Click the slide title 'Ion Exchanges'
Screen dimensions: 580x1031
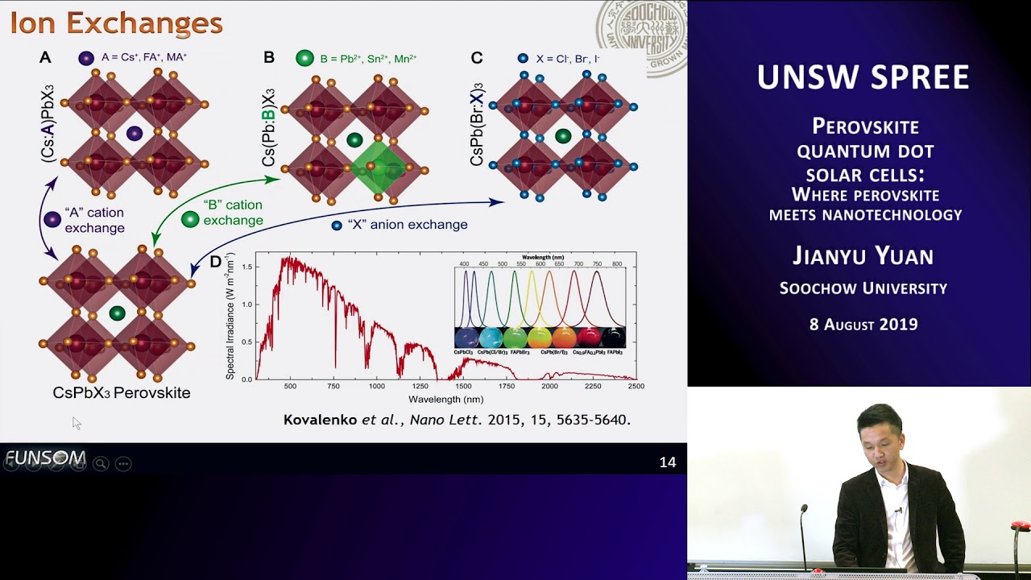(116, 23)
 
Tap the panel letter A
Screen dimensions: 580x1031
(45, 57)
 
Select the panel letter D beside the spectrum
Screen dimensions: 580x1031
(215, 262)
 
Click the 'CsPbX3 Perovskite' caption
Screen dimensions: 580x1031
(122, 393)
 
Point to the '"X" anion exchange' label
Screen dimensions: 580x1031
(408, 225)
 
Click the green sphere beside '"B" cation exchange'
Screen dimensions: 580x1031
(190, 219)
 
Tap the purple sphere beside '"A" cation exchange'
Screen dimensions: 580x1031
(52, 219)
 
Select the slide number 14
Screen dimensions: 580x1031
(667, 462)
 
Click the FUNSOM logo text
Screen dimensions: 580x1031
(45, 459)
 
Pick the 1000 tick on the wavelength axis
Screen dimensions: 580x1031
(376, 387)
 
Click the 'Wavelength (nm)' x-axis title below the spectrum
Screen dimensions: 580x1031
(445, 399)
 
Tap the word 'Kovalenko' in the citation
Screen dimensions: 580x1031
(320, 420)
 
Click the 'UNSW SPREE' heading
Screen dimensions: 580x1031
(863, 77)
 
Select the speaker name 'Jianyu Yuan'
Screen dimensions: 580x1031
(863, 256)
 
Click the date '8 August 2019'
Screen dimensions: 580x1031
(863, 325)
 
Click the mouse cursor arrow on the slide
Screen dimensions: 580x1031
(76, 422)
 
